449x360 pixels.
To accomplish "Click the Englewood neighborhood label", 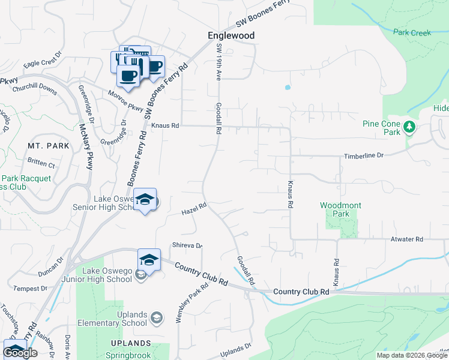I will tap(231, 36).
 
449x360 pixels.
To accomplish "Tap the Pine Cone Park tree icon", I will tap(409, 127).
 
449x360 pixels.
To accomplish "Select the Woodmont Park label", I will tap(340, 209).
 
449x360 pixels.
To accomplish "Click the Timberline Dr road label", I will tap(363, 156).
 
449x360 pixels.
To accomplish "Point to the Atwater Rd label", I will tap(406, 239).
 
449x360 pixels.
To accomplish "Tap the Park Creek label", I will tap(412, 33).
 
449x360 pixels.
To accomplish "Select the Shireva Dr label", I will tap(187, 245).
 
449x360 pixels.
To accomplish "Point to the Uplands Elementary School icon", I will tap(157, 317).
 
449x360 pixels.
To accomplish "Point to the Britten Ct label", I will tap(41, 163).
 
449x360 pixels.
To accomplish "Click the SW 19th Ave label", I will tap(219, 63).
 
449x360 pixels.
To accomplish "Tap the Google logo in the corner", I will tap(20, 353).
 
